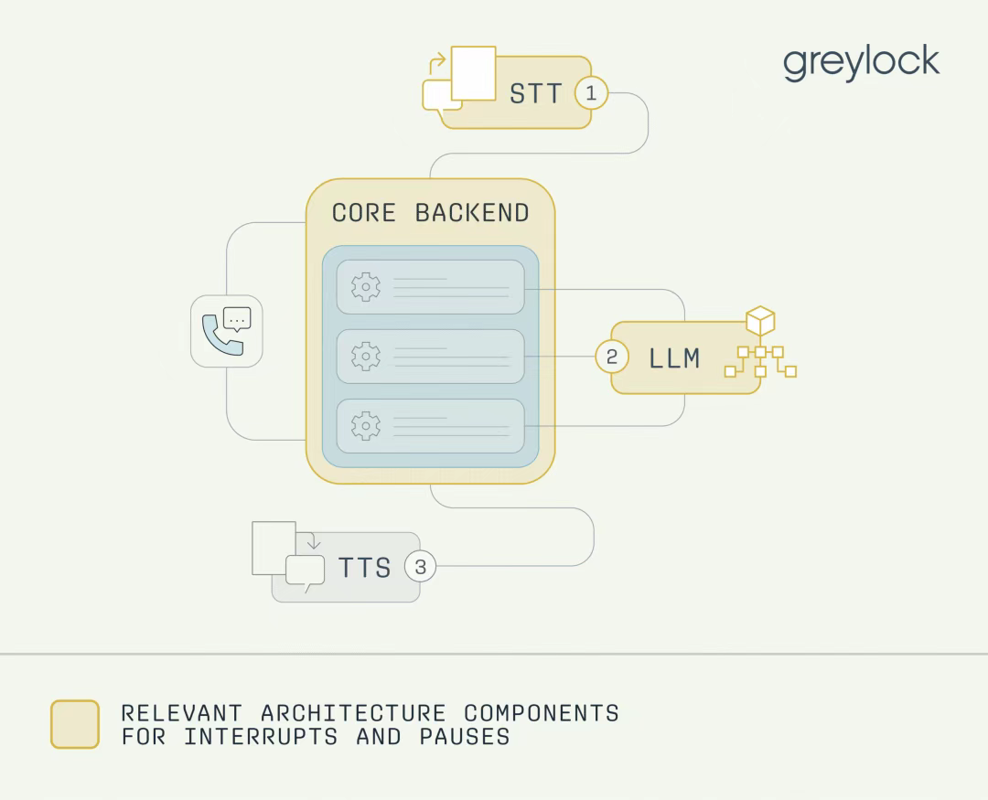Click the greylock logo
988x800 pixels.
click(862, 62)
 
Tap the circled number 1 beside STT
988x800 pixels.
click(591, 93)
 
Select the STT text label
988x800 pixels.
click(535, 94)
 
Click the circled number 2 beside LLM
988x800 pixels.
click(612, 357)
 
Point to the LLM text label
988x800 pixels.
click(674, 358)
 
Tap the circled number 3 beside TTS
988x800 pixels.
click(420, 566)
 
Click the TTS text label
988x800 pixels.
click(364, 568)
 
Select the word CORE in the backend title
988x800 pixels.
click(363, 213)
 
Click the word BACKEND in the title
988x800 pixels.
click(472, 213)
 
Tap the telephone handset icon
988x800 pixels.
click(220, 336)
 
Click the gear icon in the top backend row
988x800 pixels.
click(365, 287)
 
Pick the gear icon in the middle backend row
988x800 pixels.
click(365, 357)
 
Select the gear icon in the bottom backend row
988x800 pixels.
click(365, 426)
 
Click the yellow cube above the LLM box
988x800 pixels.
click(760, 320)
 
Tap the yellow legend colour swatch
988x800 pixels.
click(75, 724)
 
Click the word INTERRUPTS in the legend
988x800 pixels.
click(261, 736)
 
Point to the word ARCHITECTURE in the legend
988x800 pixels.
click(353, 713)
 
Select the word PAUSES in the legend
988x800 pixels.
click(465, 736)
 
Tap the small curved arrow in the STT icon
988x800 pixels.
click(437, 64)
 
